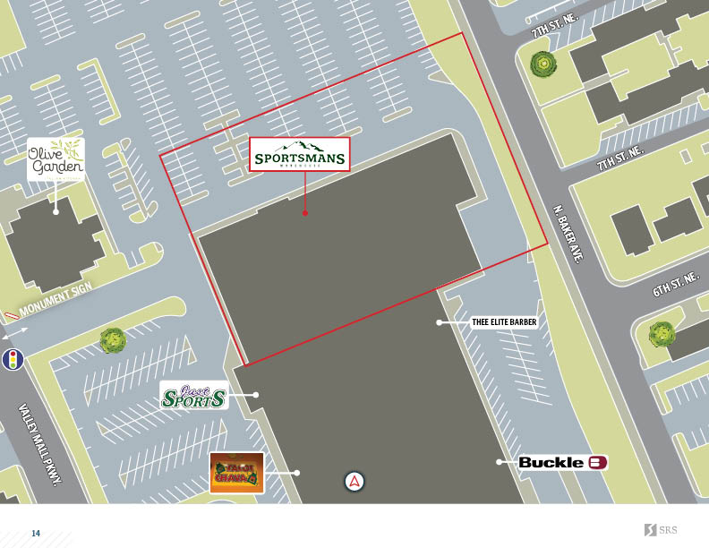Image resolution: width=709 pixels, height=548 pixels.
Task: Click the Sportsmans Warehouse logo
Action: tap(299, 155)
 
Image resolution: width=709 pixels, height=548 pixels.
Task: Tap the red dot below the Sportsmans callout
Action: tap(305, 213)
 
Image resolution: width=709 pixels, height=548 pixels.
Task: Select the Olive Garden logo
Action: tap(56, 158)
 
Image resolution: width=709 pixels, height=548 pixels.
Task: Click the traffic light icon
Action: tap(13, 360)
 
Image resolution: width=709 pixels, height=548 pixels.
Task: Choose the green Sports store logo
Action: tap(193, 395)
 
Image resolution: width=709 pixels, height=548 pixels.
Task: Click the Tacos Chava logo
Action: tap(236, 472)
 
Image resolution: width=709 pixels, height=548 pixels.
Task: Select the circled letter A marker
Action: tap(355, 482)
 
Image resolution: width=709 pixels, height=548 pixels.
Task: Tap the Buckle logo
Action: tap(563, 462)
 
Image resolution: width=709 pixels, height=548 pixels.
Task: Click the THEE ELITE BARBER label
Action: tap(503, 322)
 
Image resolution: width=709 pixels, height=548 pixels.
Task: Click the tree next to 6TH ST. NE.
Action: tap(661, 334)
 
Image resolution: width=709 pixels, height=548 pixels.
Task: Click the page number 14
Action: tap(36, 534)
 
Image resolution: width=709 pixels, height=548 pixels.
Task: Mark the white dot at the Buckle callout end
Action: tap(500, 462)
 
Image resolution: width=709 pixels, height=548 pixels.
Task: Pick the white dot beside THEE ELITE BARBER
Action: tap(440, 322)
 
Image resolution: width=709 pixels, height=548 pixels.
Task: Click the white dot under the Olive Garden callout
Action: tap(56, 211)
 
